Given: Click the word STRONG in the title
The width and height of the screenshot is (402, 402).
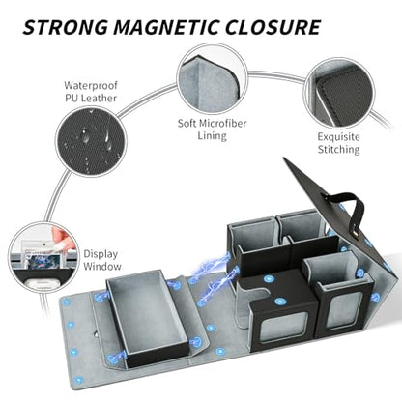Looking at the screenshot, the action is click(x=66, y=27).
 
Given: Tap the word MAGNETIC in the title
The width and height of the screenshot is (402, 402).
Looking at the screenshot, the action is click(x=166, y=27).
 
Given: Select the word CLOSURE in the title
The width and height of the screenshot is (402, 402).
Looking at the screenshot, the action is click(x=273, y=27).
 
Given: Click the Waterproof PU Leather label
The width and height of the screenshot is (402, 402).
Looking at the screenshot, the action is click(x=91, y=92).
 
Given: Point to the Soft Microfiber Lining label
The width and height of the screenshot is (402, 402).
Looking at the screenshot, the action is click(x=213, y=129).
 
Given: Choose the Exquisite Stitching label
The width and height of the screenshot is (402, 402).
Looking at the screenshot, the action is click(x=338, y=143).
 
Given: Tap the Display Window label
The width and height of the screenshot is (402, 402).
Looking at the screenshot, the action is click(x=102, y=260).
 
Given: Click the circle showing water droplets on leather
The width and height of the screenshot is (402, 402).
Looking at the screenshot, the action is click(x=91, y=142).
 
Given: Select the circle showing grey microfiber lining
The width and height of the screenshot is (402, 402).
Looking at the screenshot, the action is click(x=213, y=79).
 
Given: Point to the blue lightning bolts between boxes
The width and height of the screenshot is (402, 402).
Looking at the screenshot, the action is click(x=212, y=277).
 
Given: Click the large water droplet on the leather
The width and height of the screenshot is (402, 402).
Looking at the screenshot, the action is click(x=85, y=135).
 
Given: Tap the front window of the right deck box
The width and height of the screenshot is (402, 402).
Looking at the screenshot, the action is click(x=342, y=310).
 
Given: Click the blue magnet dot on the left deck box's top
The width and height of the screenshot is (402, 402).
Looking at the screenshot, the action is click(x=279, y=301).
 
